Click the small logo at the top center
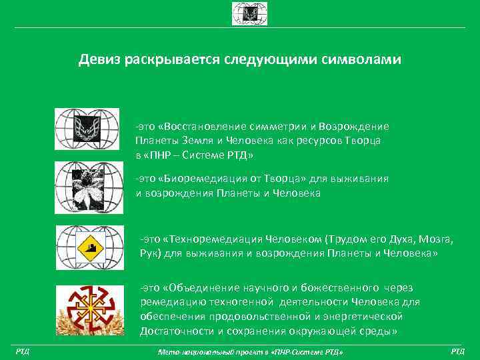[x=240, y=13]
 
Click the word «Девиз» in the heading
[x=98, y=60]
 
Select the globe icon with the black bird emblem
[x=87, y=129]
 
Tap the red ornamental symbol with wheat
[x=86, y=309]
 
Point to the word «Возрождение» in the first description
[x=354, y=127]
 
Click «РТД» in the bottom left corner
[x=21, y=351]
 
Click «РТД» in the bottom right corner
[x=458, y=351]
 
